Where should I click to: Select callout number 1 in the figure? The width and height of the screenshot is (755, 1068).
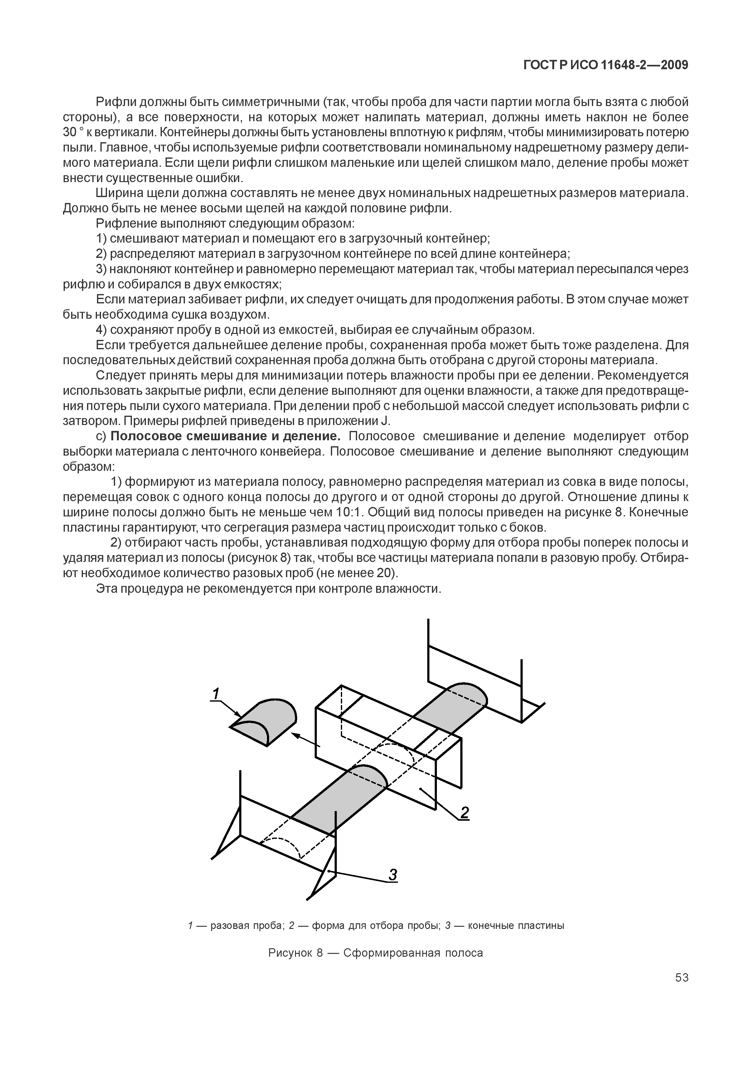[x=215, y=694]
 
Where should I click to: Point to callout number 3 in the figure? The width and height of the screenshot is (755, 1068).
[x=393, y=875]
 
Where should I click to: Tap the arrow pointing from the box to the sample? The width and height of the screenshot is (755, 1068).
[x=305, y=740]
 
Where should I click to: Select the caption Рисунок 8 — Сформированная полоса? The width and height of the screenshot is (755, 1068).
[x=376, y=953]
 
